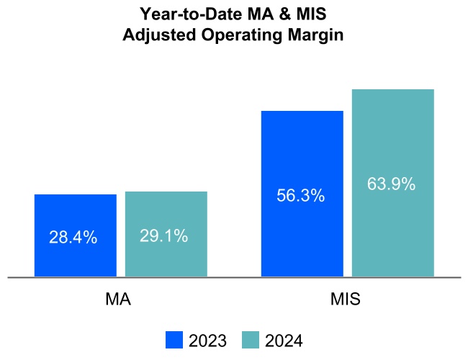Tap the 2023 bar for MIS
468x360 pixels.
302,158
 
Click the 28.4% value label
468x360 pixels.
73,238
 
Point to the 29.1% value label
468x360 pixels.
164,235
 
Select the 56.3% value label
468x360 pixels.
300,196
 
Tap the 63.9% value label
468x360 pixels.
391,184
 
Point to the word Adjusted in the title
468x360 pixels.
155,34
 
